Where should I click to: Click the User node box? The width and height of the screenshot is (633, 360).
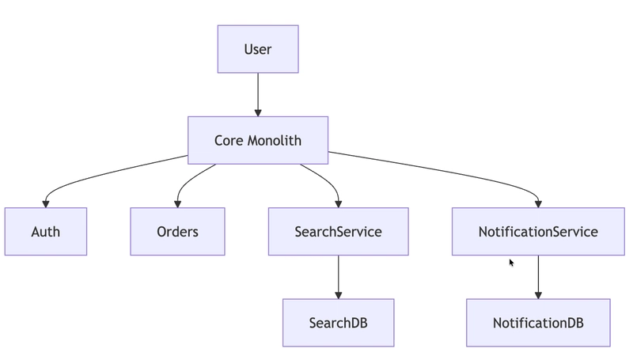click(258, 49)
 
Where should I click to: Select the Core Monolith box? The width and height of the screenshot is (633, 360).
click(258, 140)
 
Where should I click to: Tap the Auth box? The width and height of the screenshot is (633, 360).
click(45, 232)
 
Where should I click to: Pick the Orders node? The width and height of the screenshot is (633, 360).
click(177, 232)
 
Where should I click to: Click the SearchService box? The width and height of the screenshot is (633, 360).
click(338, 232)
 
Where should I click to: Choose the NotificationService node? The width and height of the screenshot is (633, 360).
click(538, 232)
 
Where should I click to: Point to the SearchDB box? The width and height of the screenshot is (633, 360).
click(338, 323)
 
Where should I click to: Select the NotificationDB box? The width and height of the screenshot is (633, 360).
click(538, 323)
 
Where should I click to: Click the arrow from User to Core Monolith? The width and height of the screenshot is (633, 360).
click(258, 93)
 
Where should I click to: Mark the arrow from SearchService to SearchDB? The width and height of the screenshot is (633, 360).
click(338, 275)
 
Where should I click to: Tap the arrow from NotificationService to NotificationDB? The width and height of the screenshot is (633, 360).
click(538, 275)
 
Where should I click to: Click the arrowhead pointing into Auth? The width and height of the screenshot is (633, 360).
click(45, 203)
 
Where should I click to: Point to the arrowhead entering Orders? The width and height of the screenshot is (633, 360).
click(177, 203)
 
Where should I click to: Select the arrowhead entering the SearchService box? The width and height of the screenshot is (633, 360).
click(338, 203)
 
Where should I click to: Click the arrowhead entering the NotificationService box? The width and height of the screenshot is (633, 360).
click(538, 203)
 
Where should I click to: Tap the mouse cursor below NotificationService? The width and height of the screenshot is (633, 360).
click(512, 263)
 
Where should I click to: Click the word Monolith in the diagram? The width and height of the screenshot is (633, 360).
click(275, 140)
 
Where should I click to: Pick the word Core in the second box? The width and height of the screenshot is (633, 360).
click(229, 140)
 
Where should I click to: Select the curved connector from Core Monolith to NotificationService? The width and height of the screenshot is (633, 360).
click(443, 169)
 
